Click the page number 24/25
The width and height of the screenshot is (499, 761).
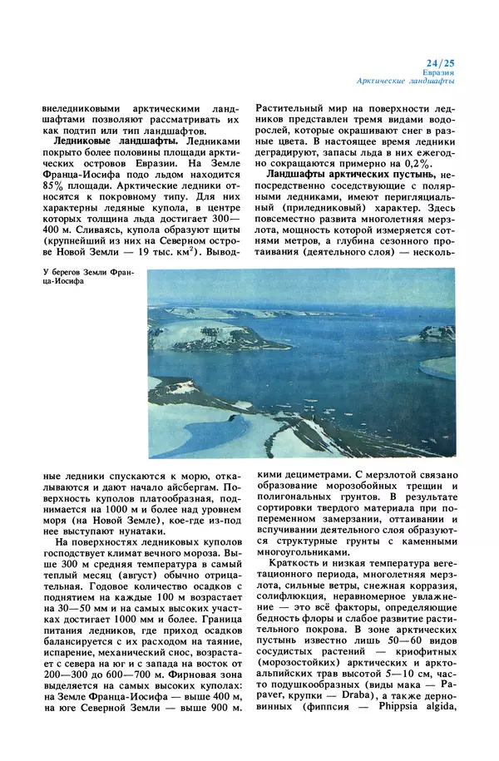439,62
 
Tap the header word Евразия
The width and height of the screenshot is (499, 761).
439,72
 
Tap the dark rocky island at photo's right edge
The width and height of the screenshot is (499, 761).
437,333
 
